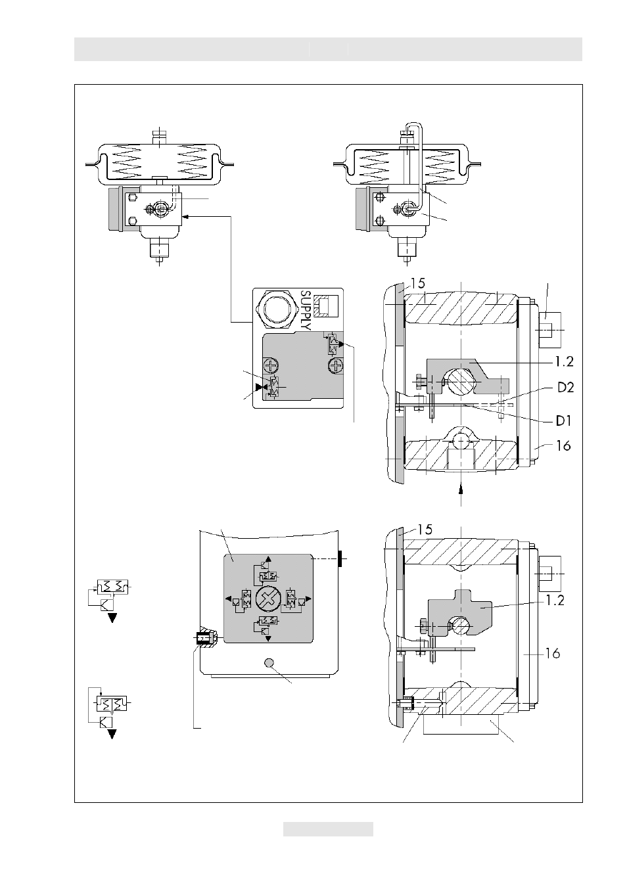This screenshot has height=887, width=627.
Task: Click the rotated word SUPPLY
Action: (306, 311)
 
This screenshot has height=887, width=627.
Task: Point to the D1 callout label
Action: (564, 421)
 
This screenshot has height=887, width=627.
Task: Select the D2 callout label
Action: (566, 387)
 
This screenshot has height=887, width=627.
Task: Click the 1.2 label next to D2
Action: (565, 361)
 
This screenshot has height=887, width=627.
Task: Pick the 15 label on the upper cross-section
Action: (417, 283)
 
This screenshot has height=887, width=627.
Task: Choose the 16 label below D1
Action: (563, 446)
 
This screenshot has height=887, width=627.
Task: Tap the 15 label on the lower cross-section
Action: (425, 530)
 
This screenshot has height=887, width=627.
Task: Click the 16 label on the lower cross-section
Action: (553, 653)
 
